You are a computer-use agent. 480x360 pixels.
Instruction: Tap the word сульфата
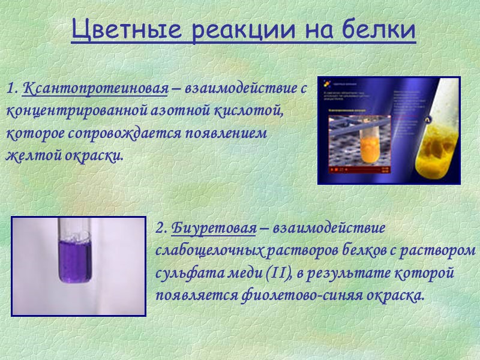click(183, 273)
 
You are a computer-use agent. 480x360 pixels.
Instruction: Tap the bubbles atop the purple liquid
click(76, 236)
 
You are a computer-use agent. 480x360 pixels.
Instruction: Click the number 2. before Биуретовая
click(161, 229)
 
